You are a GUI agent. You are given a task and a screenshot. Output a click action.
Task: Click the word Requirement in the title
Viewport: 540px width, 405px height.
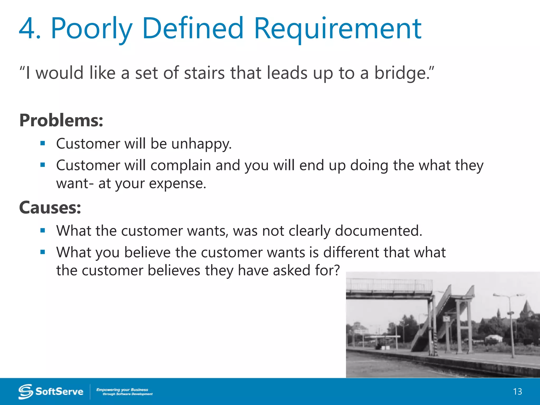tap(337, 28)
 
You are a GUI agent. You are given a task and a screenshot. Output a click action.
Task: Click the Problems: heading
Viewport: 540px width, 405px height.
tap(61, 120)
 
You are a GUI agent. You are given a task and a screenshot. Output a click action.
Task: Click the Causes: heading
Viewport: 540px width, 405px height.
tap(50, 208)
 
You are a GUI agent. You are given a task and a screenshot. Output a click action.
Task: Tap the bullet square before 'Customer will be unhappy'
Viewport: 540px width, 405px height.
tap(43, 143)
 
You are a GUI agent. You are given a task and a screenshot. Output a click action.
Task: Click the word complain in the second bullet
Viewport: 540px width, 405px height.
tap(180, 166)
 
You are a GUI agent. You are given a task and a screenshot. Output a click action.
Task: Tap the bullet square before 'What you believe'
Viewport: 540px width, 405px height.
tap(43, 252)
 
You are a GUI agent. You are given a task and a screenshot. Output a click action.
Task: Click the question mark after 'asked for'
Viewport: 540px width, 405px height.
tap(336, 270)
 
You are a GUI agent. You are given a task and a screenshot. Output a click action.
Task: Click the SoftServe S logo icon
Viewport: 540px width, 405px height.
tap(26, 392)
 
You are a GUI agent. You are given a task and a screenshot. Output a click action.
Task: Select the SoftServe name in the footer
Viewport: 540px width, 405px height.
tap(59, 392)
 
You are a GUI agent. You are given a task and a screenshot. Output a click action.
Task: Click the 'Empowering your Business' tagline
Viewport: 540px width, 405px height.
tap(122, 390)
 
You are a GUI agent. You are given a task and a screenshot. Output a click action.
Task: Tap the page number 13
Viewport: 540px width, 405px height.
tap(517, 392)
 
